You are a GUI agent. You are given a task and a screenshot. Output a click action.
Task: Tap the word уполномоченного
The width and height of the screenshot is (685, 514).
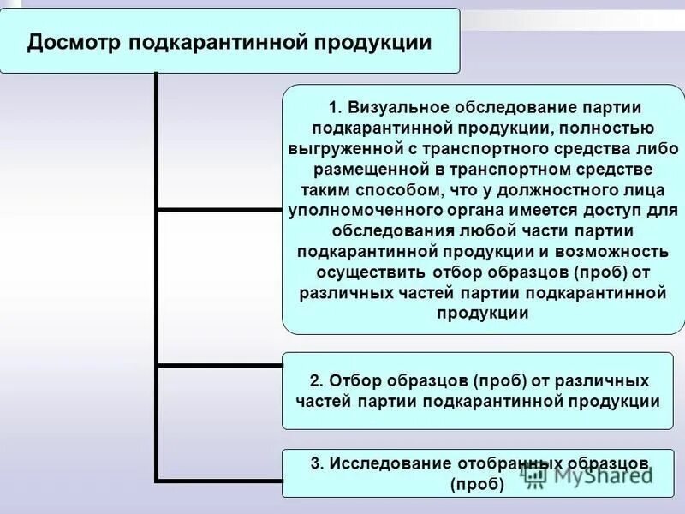(x=360, y=211)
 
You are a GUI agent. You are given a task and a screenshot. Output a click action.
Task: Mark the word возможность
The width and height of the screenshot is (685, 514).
(x=608, y=252)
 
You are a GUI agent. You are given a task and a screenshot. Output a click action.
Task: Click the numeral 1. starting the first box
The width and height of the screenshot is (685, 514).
(x=335, y=108)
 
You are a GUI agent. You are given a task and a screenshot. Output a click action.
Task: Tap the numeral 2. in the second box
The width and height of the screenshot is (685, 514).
(x=315, y=380)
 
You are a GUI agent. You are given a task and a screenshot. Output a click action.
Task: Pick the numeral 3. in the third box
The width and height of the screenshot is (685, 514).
(x=316, y=463)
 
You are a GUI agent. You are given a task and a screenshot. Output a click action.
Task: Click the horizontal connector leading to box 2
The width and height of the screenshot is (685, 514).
(x=219, y=366)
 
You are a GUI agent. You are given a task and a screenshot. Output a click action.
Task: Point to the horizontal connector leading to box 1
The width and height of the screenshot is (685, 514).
(x=219, y=210)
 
